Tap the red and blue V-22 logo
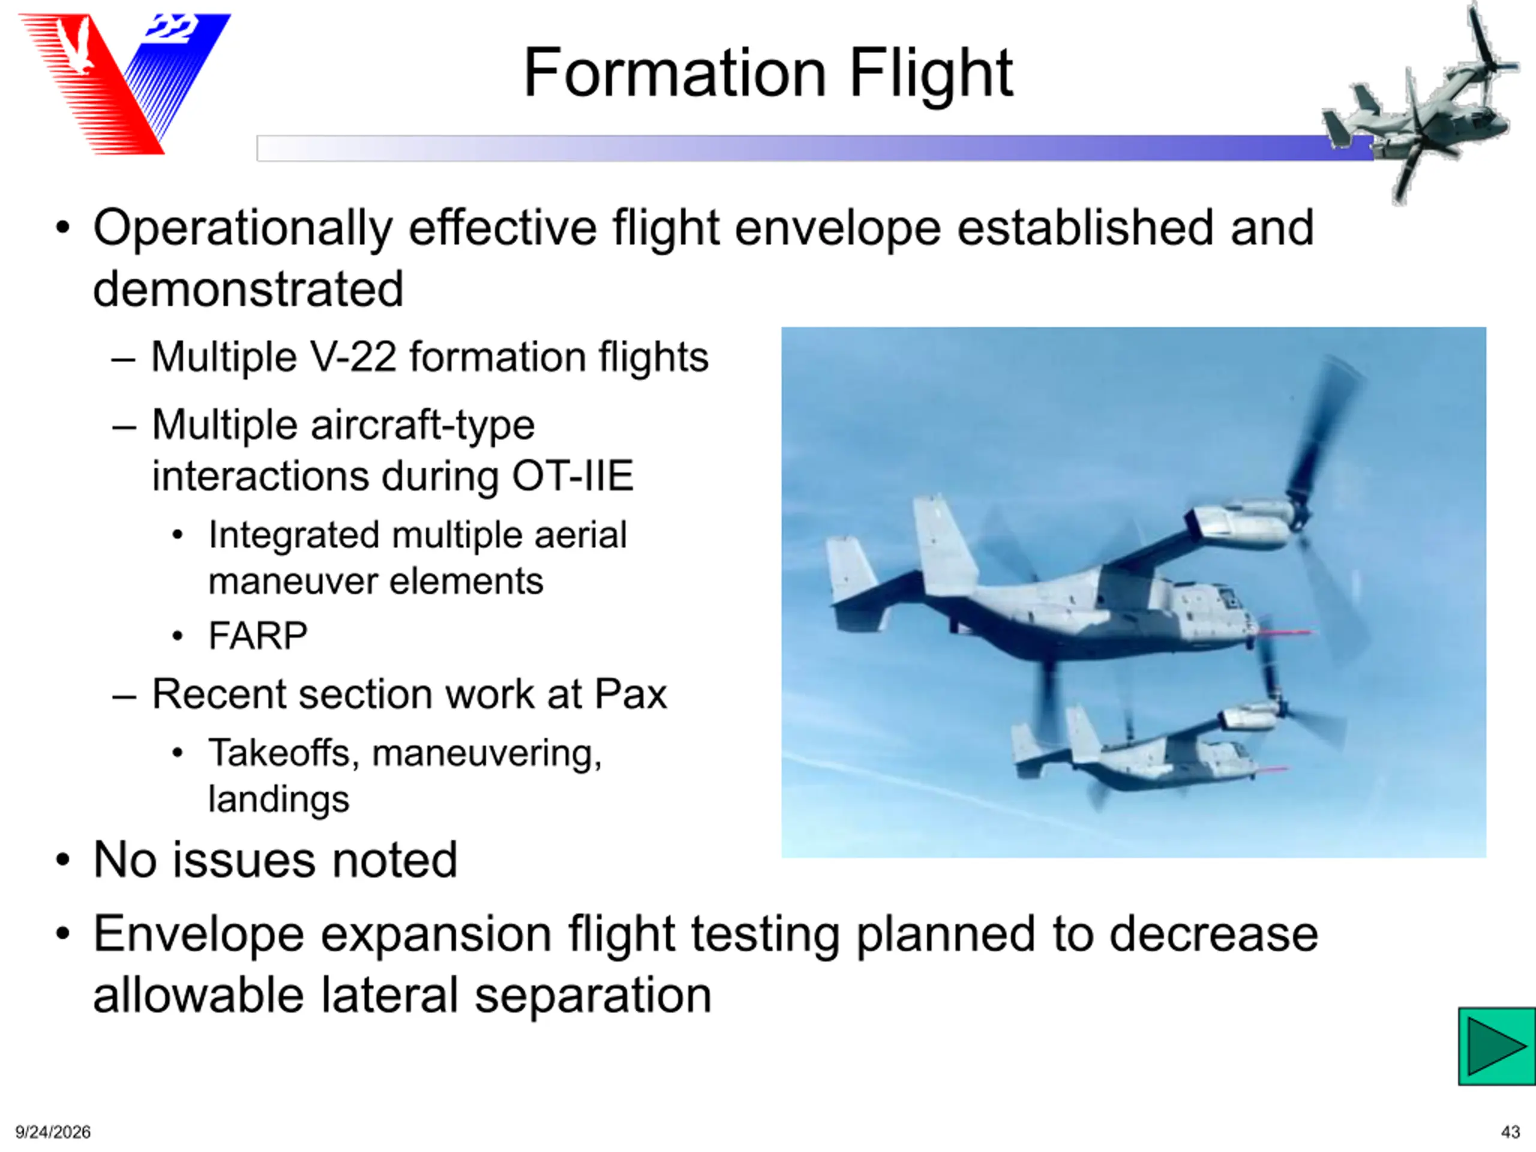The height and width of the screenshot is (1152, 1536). [x=125, y=83]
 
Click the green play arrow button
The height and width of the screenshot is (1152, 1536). [x=1496, y=1046]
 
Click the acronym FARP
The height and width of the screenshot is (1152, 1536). [x=257, y=635]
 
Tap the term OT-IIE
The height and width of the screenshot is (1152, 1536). [x=573, y=476]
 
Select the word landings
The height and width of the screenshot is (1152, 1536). [x=279, y=799]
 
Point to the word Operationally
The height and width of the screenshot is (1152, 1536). [x=243, y=229]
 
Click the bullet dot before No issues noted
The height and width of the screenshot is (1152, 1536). [x=63, y=860]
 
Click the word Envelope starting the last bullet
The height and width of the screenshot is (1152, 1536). [x=199, y=935]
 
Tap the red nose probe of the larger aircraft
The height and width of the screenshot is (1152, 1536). [x=1285, y=632]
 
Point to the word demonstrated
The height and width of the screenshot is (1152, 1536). [x=248, y=289]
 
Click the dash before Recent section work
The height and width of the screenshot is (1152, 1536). [x=124, y=695]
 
